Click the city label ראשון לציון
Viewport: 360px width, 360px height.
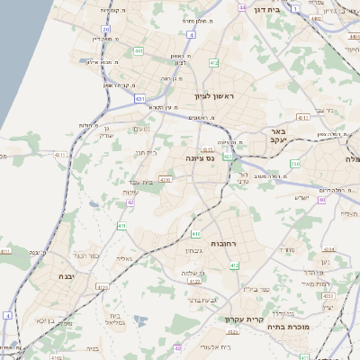[213, 95]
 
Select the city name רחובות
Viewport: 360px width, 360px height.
[221, 244]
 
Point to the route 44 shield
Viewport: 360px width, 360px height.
[242, 7]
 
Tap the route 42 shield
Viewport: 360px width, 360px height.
[130, 202]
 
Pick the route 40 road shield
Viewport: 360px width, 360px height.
[322, 200]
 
